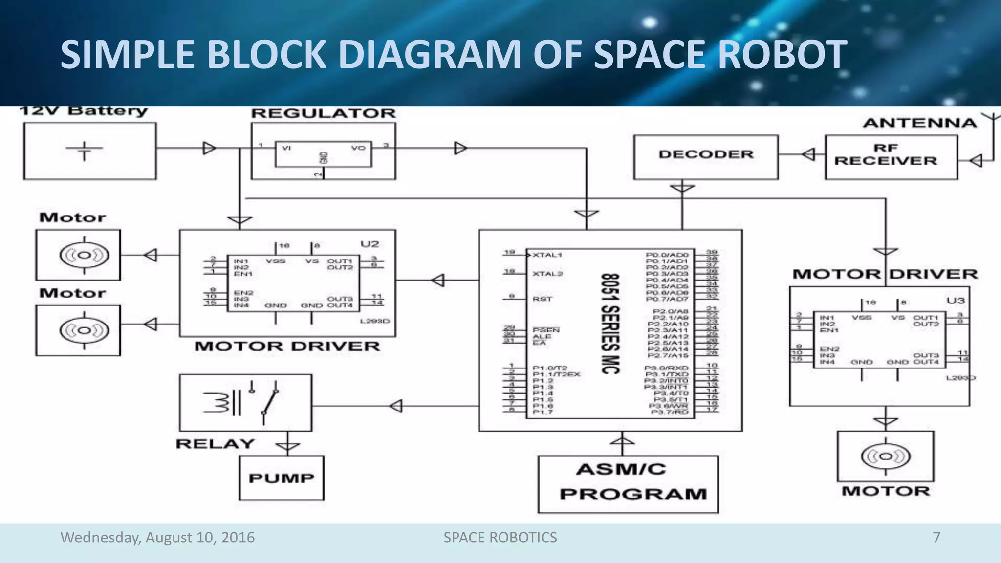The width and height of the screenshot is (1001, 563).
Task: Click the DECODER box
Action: (x=705, y=157)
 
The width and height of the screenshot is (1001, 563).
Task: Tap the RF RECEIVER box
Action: (x=891, y=157)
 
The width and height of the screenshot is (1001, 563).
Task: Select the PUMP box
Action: (x=282, y=478)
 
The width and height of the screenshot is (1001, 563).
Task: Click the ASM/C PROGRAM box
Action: (x=628, y=484)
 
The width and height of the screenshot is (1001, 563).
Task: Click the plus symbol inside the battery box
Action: (x=85, y=151)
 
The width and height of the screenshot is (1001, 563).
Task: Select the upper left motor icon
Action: (x=84, y=255)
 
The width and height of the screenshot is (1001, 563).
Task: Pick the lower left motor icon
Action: (x=84, y=330)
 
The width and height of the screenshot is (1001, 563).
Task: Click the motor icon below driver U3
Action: (x=886, y=456)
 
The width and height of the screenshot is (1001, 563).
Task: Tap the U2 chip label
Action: (x=370, y=244)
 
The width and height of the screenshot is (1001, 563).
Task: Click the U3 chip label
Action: (x=956, y=301)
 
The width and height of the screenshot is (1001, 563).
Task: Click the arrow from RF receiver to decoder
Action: (x=809, y=154)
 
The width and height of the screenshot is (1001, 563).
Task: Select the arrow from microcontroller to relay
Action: (x=396, y=406)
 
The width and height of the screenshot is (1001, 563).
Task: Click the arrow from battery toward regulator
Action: (x=209, y=148)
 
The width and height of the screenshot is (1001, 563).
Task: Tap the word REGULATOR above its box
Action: (x=323, y=113)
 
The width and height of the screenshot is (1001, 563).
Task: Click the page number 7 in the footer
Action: (x=936, y=537)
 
